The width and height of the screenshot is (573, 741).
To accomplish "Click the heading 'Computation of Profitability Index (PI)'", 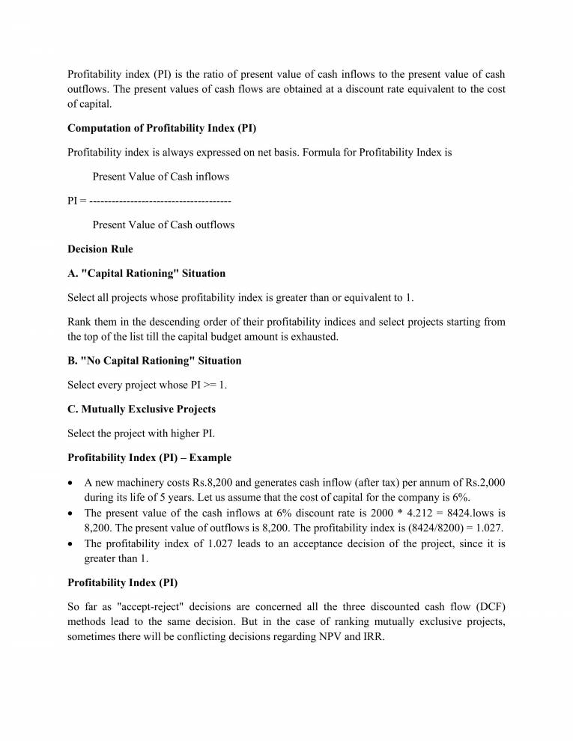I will click(162, 128).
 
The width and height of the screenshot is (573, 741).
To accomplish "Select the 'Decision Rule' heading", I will click(100, 249).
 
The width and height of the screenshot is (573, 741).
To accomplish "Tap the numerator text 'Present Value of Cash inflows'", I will click(160, 177).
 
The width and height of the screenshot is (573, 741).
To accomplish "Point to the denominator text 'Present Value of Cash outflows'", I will click(163, 225).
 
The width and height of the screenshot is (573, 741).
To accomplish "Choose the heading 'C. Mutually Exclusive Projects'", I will click(142, 409).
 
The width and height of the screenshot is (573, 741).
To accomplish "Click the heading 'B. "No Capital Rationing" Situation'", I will click(154, 361).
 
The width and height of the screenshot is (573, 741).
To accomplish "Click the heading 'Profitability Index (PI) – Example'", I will click(149, 457).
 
